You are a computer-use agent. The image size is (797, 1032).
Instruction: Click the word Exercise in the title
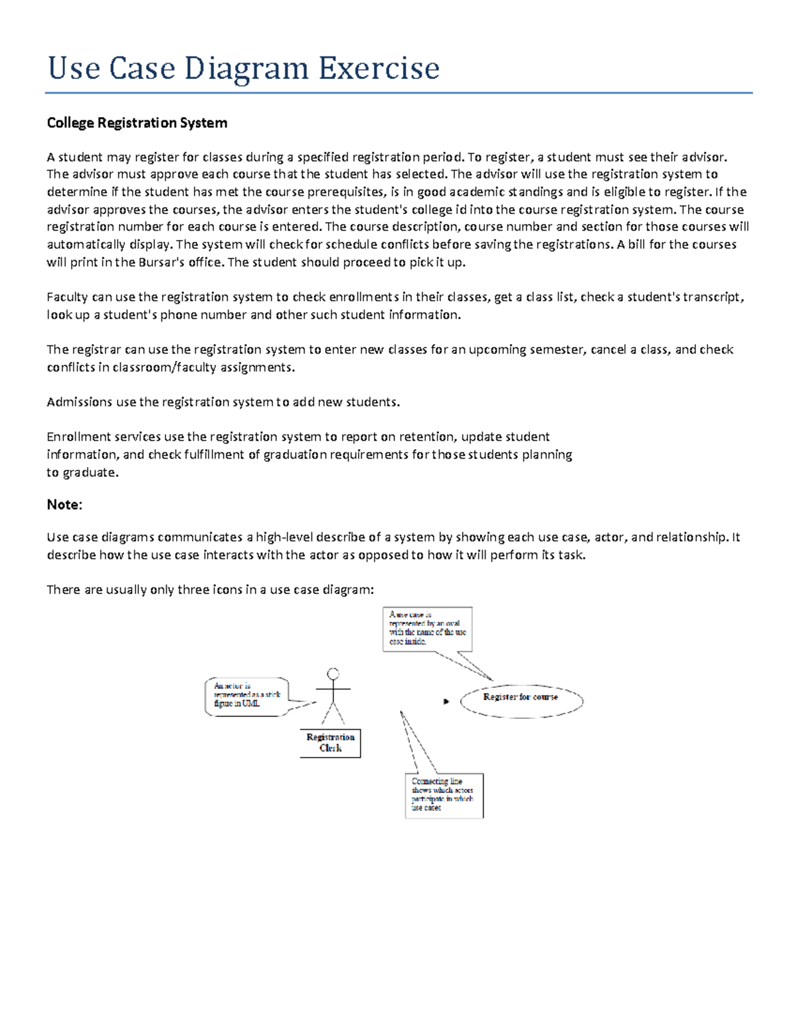(379, 68)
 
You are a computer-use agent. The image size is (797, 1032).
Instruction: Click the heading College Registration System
(137, 123)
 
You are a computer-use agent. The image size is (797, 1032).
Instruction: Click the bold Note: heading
(64, 504)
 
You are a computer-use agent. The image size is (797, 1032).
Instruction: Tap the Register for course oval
(521, 700)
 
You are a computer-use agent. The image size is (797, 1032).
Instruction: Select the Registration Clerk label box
(330, 743)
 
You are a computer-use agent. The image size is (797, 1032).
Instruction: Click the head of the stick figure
(333, 674)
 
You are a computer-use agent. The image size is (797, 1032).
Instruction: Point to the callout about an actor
(246, 696)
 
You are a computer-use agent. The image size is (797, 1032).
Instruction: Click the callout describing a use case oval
(427, 629)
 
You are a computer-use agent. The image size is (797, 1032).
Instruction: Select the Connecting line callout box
(443, 795)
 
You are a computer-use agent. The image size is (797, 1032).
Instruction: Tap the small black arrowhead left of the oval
(446, 701)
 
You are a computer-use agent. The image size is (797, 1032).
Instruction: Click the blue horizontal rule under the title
(398, 93)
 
